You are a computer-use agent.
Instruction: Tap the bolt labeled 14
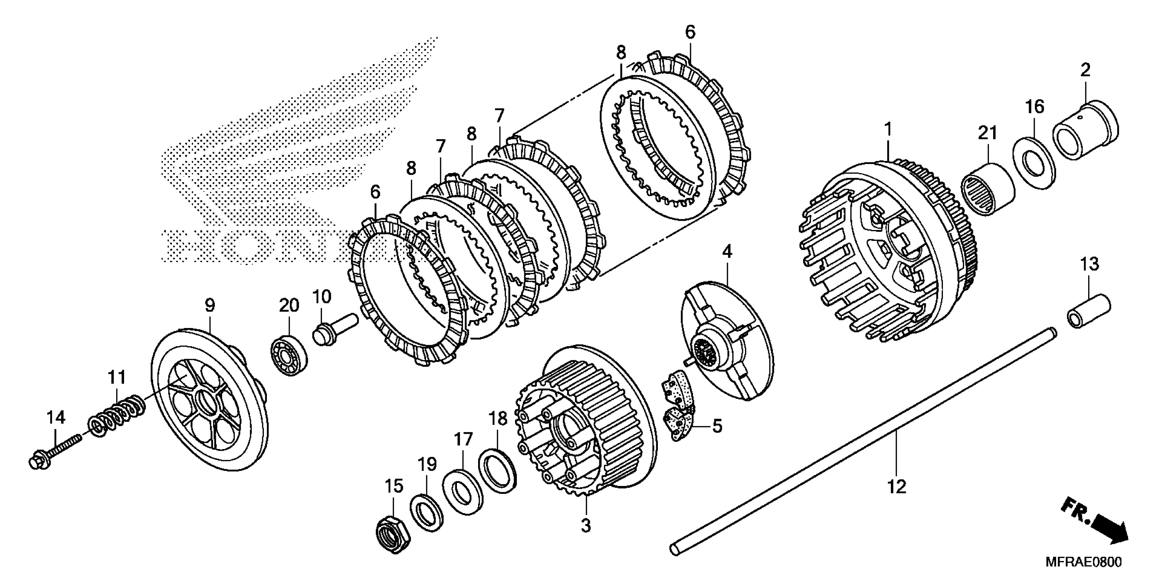(x=54, y=453)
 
